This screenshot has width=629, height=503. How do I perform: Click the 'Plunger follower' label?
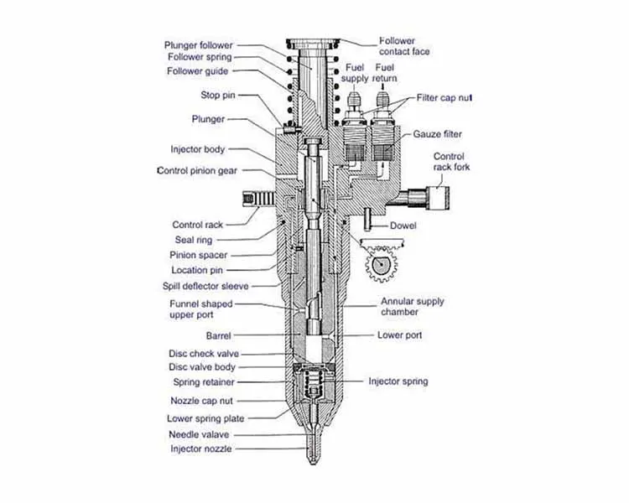click(200, 44)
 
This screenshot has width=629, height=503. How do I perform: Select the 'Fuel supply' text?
click(354, 72)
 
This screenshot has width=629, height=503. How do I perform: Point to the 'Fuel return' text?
click(386, 72)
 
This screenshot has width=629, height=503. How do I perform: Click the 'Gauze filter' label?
click(437, 134)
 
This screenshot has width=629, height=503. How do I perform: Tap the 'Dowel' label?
click(403, 226)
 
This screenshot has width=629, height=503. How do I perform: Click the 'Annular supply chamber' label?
click(413, 306)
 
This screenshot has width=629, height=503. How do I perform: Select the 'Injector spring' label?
click(398, 381)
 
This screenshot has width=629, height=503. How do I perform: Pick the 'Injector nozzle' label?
click(200, 449)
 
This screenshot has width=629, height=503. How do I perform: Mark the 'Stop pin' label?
click(216, 95)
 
